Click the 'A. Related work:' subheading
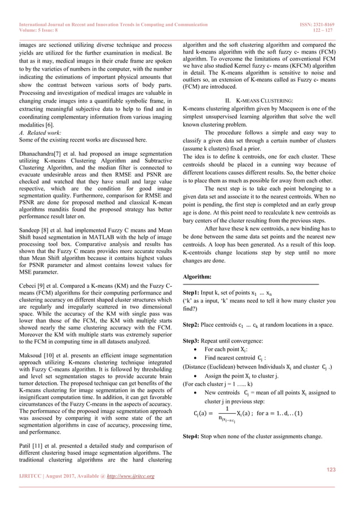click(39, 133)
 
